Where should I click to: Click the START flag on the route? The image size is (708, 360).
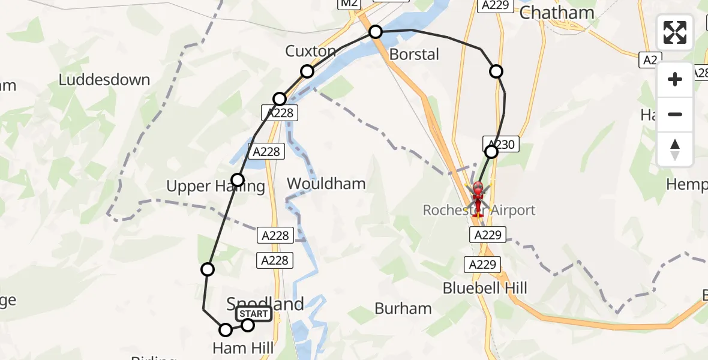pyautogui.click(x=254, y=314)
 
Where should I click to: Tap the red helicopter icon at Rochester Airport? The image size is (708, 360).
pyautogui.click(x=478, y=197)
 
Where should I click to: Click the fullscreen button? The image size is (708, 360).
pyautogui.click(x=675, y=32)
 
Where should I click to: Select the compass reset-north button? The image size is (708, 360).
pyautogui.click(x=675, y=149)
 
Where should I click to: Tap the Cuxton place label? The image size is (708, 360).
pyautogui.click(x=310, y=52)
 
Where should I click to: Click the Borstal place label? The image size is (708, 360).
pyautogui.click(x=414, y=55)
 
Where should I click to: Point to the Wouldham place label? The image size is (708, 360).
pyautogui.click(x=326, y=184)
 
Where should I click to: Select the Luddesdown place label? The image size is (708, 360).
pyautogui.click(x=104, y=80)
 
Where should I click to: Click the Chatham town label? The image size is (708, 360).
pyautogui.click(x=556, y=13)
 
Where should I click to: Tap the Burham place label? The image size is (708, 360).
pyautogui.click(x=403, y=308)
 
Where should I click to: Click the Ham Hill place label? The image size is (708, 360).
pyautogui.click(x=243, y=348)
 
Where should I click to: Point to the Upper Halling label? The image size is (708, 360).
pyautogui.click(x=215, y=187)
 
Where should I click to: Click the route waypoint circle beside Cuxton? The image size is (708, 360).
pyautogui.click(x=307, y=71)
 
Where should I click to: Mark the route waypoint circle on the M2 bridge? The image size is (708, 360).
pyautogui.click(x=376, y=31)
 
